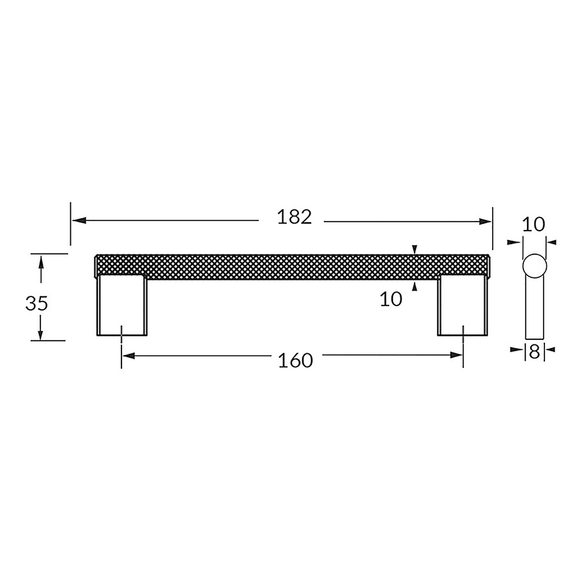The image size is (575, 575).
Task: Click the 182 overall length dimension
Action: (295, 217)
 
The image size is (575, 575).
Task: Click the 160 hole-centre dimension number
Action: (296, 360)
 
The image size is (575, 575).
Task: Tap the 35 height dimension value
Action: (37, 303)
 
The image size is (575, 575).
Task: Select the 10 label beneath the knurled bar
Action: (391, 299)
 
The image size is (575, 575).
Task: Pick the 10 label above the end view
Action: (533, 224)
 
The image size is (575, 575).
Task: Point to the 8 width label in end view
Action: (534, 350)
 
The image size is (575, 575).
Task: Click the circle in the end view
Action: (534, 266)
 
